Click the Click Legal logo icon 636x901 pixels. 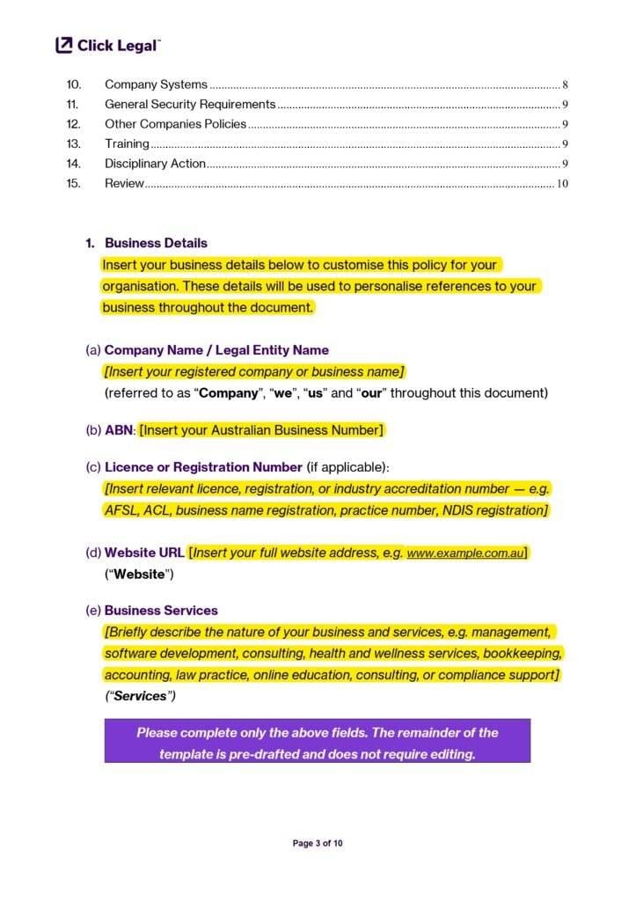click(64, 45)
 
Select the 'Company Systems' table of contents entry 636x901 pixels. click(156, 84)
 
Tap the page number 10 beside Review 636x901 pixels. click(562, 184)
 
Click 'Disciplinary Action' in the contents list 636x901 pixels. click(155, 164)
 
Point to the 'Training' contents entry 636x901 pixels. click(127, 143)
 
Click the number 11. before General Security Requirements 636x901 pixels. click(73, 105)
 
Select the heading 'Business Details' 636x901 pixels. click(156, 243)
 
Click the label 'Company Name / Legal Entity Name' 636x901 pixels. click(216, 350)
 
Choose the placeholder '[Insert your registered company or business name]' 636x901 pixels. click(254, 371)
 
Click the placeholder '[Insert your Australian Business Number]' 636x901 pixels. click(262, 430)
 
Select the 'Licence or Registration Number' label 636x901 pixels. click(203, 466)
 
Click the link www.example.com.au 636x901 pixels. click(465, 553)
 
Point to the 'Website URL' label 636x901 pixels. click(144, 553)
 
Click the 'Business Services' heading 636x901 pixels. click(161, 610)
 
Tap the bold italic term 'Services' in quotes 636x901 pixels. click(140, 696)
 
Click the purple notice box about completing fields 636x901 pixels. click(317, 741)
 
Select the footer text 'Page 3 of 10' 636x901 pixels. click(318, 843)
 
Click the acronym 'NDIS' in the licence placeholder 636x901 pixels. click(457, 510)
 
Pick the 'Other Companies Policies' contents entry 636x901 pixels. click(175, 124)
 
